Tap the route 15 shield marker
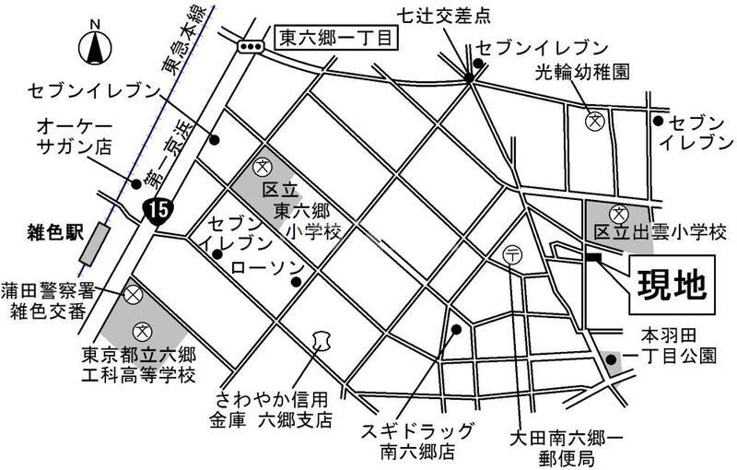(157, 209)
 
